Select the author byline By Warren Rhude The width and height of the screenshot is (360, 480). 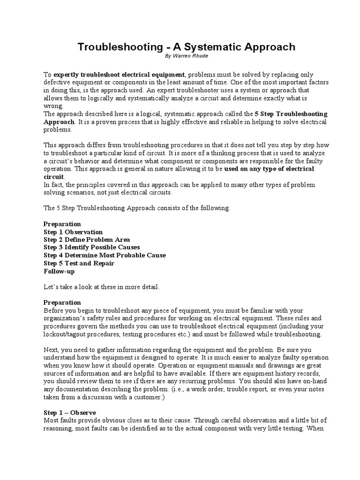pyautogui.click(x=186, y=56)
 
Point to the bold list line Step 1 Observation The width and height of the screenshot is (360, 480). pyautogui.click(x=73, y=232)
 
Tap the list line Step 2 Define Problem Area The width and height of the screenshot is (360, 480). pyautogui.click(x=87, y=240)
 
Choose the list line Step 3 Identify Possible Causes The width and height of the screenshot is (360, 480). pyautogui.click(x=92, y=247)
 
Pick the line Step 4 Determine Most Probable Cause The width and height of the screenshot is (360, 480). pyautogui.click(x=105, y=255)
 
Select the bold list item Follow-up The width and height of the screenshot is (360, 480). pyautogui.click(x=59, y=271)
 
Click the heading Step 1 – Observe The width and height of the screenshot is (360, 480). pyautogui.click(x=70, y=412)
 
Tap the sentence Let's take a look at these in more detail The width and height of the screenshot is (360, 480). pyautogui.click(x=102, y=287)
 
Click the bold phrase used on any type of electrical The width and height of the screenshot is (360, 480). pyautogui.click(x=270, y=169)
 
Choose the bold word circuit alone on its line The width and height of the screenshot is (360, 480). pyautogui.click(x=53, y=177)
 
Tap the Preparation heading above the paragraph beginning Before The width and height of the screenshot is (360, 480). pyautogui.click(x=62, y=302)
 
